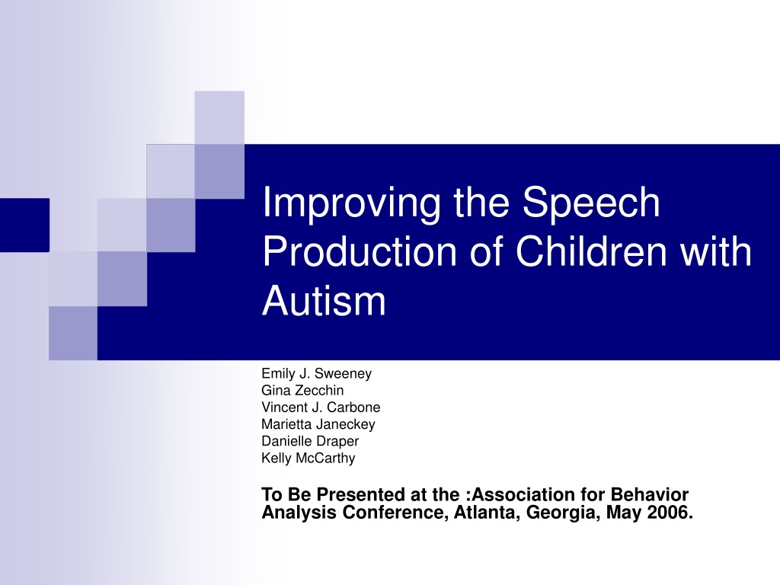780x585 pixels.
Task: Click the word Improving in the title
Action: click(x=352, y=203)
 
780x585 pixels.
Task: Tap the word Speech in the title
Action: click(x=591, y=203)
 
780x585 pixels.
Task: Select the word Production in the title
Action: click(x=360, y=251)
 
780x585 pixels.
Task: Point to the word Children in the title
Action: click(x=591, y=251)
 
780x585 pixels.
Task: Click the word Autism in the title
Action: click(x=324, y=301)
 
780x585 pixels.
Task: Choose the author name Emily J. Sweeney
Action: click(x=316, y=373)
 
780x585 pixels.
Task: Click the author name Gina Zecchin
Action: click(x=302, y=391)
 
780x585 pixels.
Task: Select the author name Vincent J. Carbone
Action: click(x=321, y=408)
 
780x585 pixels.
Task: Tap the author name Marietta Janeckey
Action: click(x=318, y=424)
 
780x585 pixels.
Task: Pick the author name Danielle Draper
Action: click(x=310, y=441)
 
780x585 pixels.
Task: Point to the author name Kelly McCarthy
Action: click(x=308, y=458)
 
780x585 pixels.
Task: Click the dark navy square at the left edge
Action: click(x=24, y=225)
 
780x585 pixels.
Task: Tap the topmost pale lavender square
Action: click(x=219, y=117)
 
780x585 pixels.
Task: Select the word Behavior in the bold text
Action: click(x=650, y=494)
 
